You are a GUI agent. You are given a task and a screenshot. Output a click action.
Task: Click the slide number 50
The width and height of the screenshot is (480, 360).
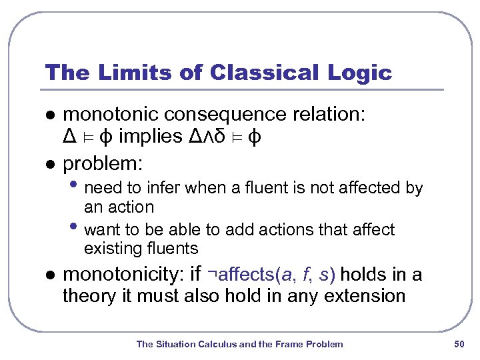[x=458, y=344]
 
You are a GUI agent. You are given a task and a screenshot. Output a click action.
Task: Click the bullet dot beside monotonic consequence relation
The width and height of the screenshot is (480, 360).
[x=47, y=115]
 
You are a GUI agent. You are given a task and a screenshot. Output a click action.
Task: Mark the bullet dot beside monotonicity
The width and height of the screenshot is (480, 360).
[x=47, y=275]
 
